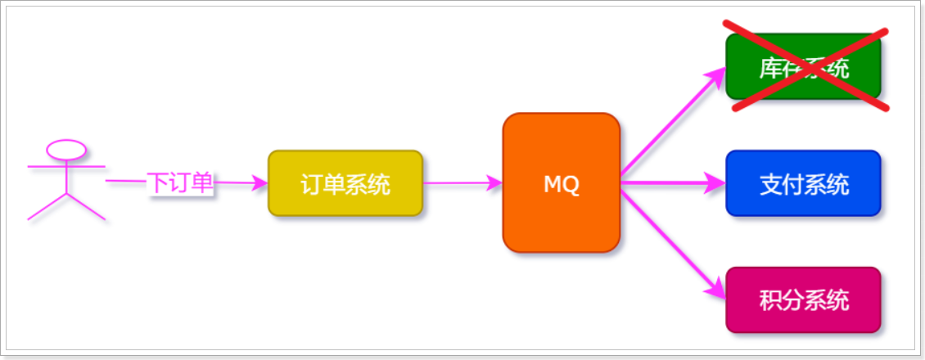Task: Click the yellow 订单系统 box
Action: (x=345, y=183)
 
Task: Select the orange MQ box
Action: (x=562, y=182)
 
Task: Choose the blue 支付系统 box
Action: (x=803, y=183)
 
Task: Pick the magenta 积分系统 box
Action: (x=803, y=300)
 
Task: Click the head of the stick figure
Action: (x=66, y=149)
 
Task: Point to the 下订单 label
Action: (x=180, y=182)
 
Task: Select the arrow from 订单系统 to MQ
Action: (x=463, y=183)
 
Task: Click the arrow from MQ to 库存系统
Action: (x=671, y=123)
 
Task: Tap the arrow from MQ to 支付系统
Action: (x=671, y=183)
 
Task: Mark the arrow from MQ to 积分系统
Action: (x=671, y=241)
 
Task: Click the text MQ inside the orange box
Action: (x=562, y=184)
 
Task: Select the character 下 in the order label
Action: (x=157, y=182)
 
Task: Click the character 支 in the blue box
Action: (x=769, y=184)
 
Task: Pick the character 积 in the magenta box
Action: (x=769, y=301)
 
